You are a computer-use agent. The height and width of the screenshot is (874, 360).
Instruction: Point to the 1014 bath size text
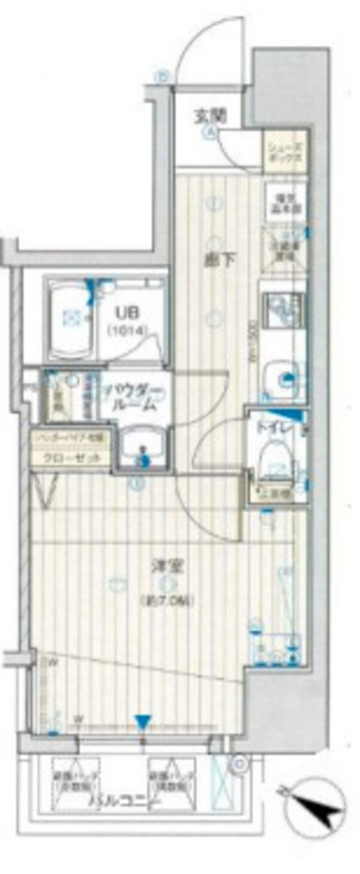click(124, 329)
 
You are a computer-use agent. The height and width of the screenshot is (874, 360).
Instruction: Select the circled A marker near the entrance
click(212, 134)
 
